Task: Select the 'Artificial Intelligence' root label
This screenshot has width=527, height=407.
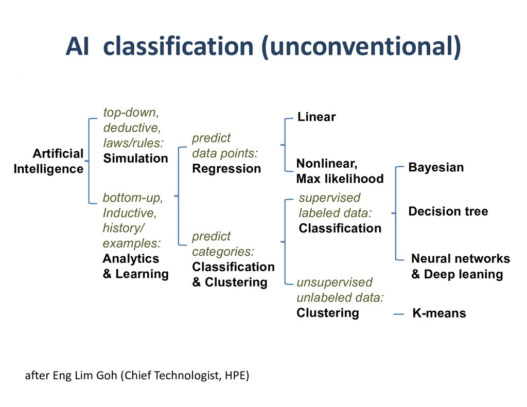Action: [x=49, y=161]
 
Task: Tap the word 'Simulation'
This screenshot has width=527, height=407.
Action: [x=135, y=158]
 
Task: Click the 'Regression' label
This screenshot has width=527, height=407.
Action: [x=226, y=169]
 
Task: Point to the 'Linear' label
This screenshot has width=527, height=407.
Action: [x=317, y=117]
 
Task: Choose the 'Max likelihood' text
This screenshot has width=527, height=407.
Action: [x=340, y=179]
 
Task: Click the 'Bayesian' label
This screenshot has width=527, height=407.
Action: [x=436, y=168]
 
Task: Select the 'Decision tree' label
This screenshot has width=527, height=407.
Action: [x=448, y=211]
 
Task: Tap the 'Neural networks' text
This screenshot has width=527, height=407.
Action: [x=460, y=259]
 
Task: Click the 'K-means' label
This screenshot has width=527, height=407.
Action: [x=439, y=313]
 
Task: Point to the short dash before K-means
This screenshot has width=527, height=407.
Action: [x=398, y=313]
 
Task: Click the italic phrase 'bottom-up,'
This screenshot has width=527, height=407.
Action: [x=133, y=198]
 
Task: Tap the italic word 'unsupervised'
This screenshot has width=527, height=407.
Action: [x=335, y=282]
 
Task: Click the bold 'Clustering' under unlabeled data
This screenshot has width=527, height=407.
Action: [x=327, y=313]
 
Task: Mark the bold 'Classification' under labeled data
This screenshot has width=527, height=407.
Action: [x=340, y=228]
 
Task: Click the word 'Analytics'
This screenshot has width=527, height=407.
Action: [x=131, y=259]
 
